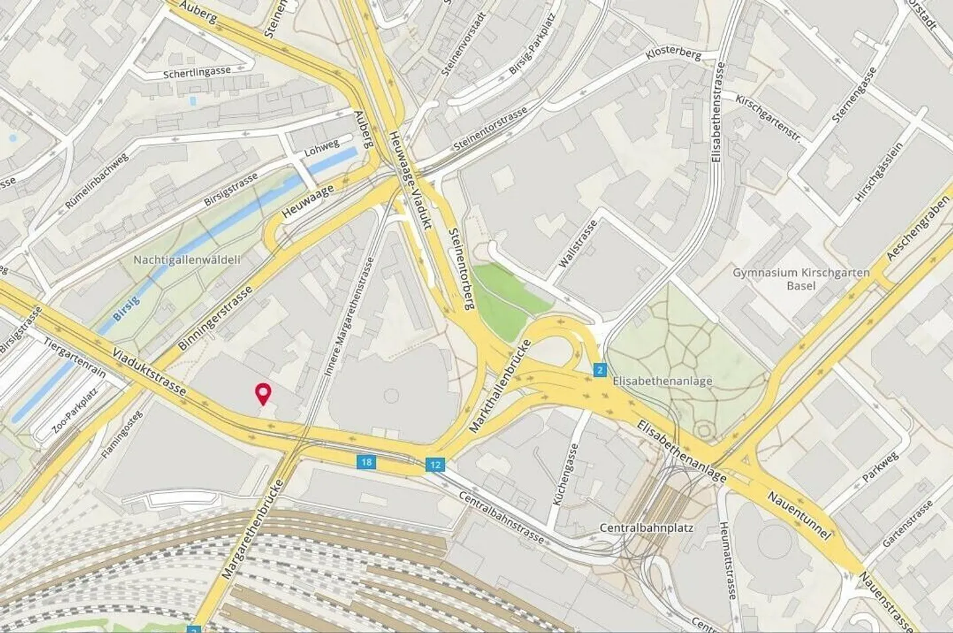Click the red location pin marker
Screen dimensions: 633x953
263,393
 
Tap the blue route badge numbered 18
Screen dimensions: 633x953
367,462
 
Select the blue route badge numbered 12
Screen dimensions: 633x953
434,465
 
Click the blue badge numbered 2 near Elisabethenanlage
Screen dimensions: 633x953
600,369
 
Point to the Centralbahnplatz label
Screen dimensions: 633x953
646,528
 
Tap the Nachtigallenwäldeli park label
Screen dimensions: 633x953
187,260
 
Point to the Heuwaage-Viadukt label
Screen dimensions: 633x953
410,179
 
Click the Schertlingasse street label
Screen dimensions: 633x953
197,72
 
